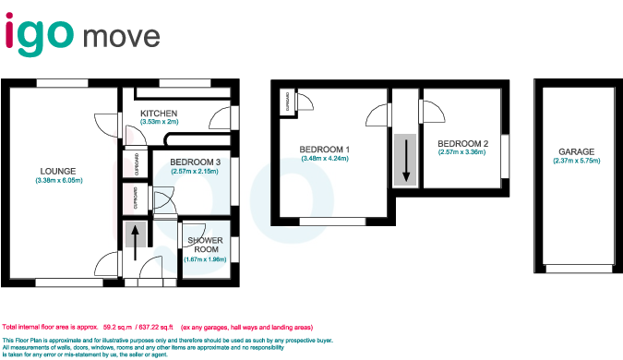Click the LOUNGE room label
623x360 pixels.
pyautogui.click(x=57, y=170)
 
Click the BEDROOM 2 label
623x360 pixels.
pyautogui.click(x=462, y=144)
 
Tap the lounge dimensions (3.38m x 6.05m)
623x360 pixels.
pyautogui.click(x=57, y=181)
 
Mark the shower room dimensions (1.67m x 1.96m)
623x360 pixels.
pyautogui.click(x=204, y=259)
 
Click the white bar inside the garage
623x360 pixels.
pyautogui.click(x=579, y=269)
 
